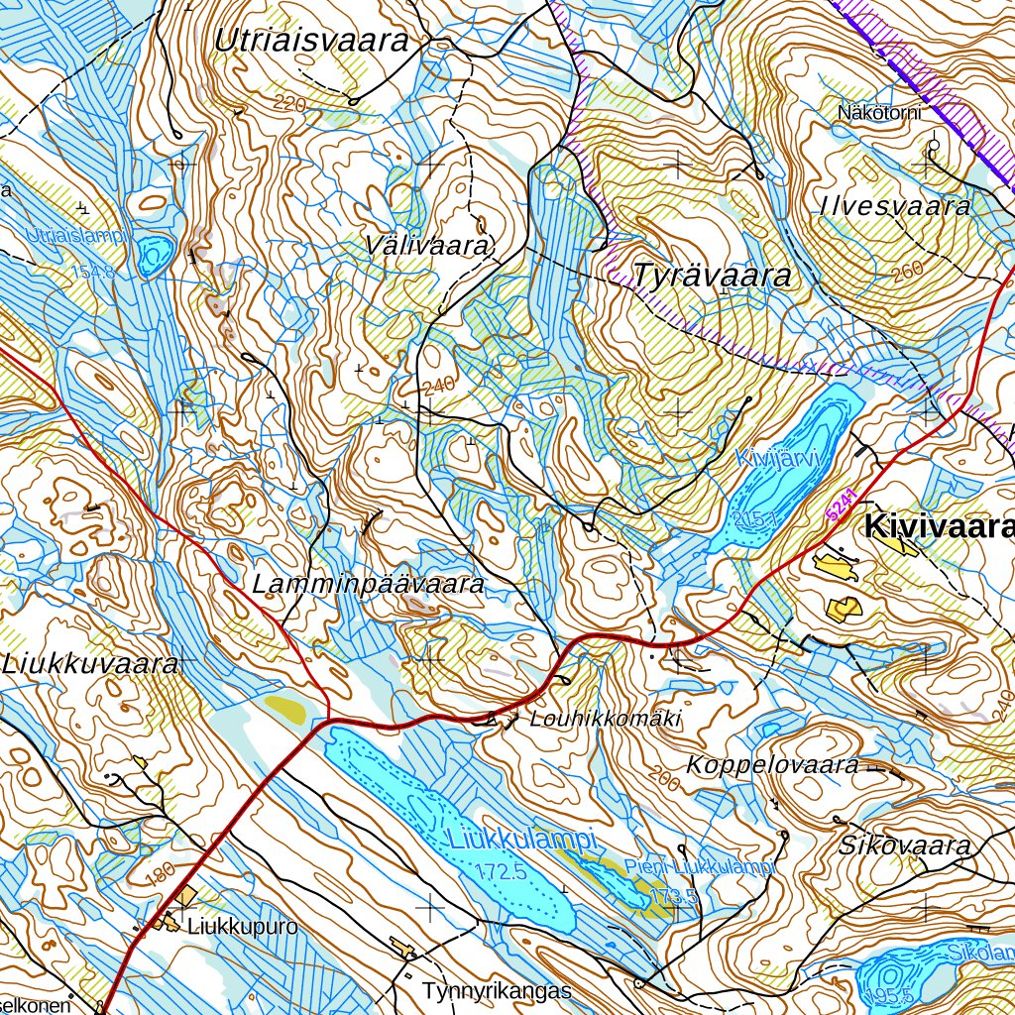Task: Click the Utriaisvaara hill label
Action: tap(312, 41)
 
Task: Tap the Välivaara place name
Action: tap(427, 245)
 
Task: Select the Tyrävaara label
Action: tap(713, 276)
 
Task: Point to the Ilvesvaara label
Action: tap(895, 206)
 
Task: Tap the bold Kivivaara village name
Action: tap(939, 527)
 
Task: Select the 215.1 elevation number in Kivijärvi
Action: tap(755, 517)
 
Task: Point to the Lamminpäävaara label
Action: tap(368, 585)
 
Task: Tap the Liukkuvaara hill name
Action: tap(89, 664)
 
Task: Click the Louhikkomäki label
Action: tap(606, 719)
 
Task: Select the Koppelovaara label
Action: tap(772, 765)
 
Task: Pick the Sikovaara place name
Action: tap(903, 846)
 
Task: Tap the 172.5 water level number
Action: tap(499, 872)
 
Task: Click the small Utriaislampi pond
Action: tap(155, 256)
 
